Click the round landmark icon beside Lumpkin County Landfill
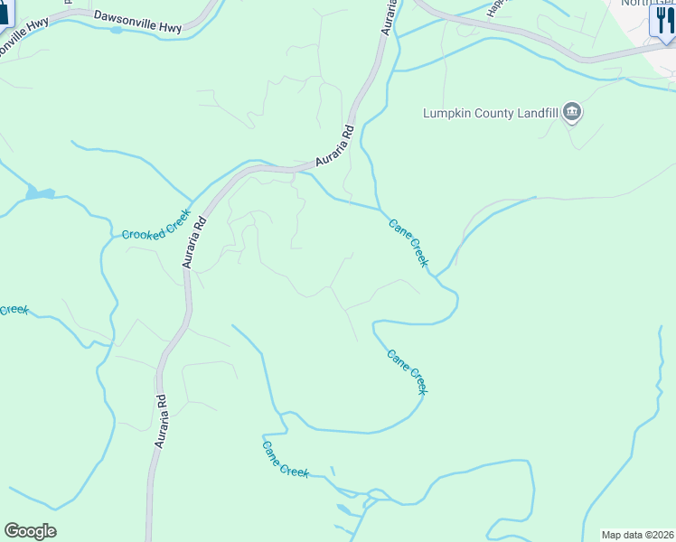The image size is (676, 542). (x=571, y=112)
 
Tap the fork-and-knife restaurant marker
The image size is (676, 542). (x=663, y=21)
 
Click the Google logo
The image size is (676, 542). (x=30, y=531)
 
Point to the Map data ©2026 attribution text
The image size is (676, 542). (x=637, y=535)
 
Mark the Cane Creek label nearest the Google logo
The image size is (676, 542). (x=286, y=458)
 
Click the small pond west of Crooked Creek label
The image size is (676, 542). (x=40, y=192)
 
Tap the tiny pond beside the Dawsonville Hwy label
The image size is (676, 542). (x=116, y=30)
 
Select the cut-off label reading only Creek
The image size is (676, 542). (x=13, y=309)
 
